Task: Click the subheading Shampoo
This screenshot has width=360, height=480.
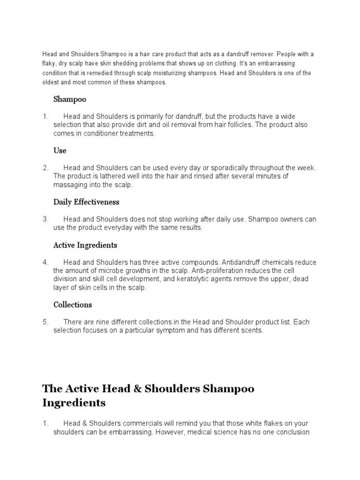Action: click(70, 99)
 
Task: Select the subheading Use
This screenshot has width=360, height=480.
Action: click(60, 150)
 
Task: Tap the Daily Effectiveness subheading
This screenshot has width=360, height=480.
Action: click(86, 202)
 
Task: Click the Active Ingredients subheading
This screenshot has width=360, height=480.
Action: click(85, 245)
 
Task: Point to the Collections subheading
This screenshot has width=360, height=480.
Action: click(73, 305)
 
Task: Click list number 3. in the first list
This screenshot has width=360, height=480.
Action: click(45, 219)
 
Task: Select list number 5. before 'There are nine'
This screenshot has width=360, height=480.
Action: click(45, 322)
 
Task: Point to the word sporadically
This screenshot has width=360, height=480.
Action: click(232, 168)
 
